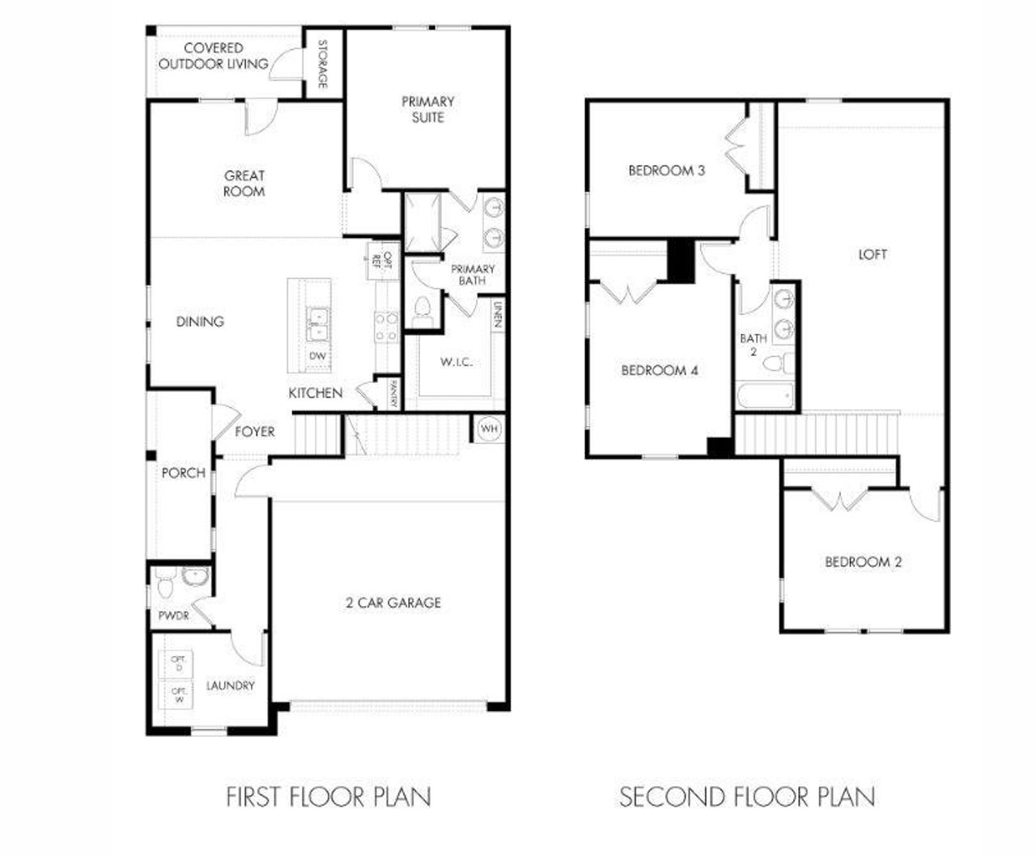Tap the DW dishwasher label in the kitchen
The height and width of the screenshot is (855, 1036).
pyautogui.click(x=317, y=356)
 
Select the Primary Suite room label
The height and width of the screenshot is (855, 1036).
pyautogui.click(x=428, y=109)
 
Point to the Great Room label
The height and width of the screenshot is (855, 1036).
pyautogui.click(x=244, y=183)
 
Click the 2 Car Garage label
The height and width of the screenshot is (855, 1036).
pyautogui.click(x=393, y=603)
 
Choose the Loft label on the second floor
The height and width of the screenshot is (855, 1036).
pyautogui.click(x=873, y=254)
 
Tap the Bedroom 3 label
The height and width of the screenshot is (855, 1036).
pyautogui.click(x=666, y=171)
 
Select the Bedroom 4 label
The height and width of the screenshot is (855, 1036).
pyautogui.click(x=660, y=370)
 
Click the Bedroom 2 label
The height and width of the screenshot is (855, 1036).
pyautogui.click(x=863, y=561)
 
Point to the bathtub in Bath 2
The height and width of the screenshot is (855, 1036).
pyautogui.click(x=765, y=397)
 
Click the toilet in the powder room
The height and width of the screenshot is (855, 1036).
pyautogui.click(x=165, y=581)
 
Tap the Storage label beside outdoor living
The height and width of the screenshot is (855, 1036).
pyautogui.click(x=322, y=64)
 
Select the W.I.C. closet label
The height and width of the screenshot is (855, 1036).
pyautogui.click(x=456, y=362)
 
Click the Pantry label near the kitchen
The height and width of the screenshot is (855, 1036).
pyautogui.click(x=393, y=394)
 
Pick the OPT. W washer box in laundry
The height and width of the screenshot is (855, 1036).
pyautogui.click(x=179, y=696)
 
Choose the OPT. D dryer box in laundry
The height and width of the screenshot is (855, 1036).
pyautogui.click(x=179, y=663)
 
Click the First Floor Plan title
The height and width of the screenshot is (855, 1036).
pyautogui.click(x=329, y=797)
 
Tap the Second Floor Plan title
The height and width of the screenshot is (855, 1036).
pyautogui.click(x=747, y=797)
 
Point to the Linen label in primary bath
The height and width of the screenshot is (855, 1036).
pyautogui.click(x=498, y=315)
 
